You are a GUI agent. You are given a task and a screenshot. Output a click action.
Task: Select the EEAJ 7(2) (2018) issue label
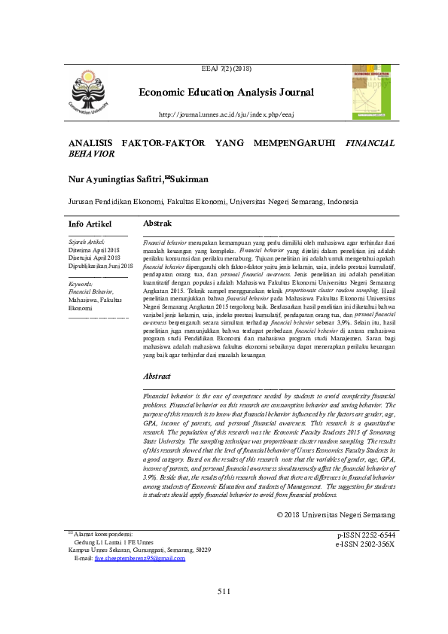tap(227, 69)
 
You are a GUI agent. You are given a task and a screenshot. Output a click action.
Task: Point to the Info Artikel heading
tap(90, 224)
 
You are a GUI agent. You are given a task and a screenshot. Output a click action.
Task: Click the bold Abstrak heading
tap(157, 224)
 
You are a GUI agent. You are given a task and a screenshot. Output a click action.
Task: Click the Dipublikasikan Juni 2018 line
tap(101, 266)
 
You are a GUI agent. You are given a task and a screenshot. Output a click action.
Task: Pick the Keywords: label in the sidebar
tap(81, 284)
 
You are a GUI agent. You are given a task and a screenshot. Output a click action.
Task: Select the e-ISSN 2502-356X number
tap(365, 544)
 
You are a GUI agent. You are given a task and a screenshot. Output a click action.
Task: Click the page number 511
tap(224, 591)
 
